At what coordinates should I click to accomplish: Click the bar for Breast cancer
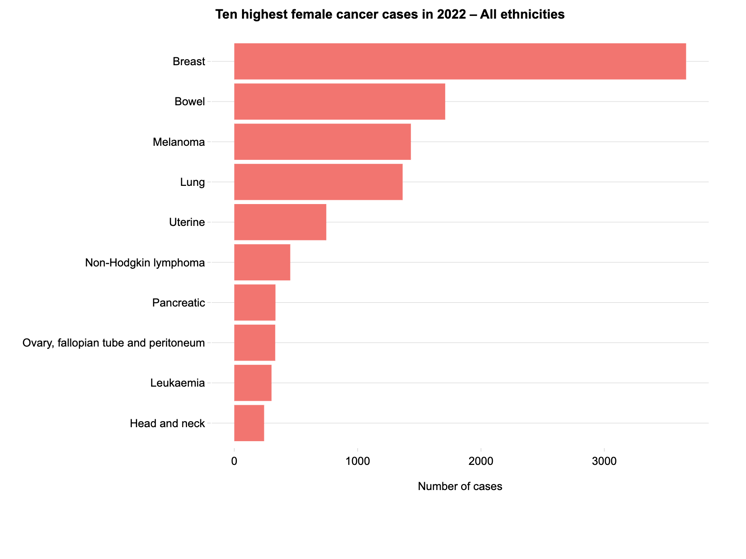(460, 62)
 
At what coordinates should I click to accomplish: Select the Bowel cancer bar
(339, 102)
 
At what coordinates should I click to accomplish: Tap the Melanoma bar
(322, 142)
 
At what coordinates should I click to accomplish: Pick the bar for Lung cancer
(318, 182)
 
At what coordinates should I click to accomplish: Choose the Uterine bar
(280, 222)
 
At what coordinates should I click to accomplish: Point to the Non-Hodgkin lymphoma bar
(262, 263)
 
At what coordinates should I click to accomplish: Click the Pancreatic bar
(255, 303)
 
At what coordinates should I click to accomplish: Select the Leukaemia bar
(253, 383)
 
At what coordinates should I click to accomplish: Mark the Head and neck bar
(249, 423)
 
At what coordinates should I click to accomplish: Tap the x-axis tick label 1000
(357, 461)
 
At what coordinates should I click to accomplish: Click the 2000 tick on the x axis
(480, 461)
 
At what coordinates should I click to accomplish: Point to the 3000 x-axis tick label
(603, 461)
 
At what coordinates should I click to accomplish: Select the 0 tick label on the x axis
(234, 461)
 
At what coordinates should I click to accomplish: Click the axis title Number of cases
(459, 487)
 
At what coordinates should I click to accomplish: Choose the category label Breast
(188, 62)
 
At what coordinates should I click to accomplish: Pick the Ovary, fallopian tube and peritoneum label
(113, 343)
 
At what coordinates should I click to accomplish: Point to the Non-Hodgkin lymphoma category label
(145, 263)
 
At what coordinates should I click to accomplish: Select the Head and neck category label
(167, 423)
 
